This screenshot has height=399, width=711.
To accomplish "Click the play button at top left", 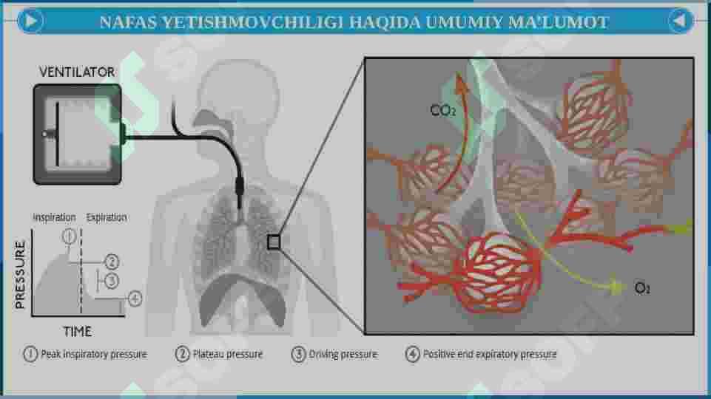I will (x=29, y=21).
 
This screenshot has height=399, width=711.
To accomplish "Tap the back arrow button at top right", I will (x=681, y=21).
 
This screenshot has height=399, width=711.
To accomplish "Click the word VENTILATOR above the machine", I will (x=76, y=72).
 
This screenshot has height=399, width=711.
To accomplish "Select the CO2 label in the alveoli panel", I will (x=443, y=111).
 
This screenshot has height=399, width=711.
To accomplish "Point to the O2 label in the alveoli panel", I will (x=643, y=288).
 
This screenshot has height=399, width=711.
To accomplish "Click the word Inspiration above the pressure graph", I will (x=54, y=217).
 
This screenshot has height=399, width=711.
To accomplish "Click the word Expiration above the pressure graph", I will (x=107, y=217).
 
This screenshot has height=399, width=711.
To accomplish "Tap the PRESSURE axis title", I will (x=21, y=273).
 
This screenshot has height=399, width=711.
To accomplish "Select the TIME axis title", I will (x=77, y=332).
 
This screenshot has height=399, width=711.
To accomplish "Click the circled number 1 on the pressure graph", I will (x=69, y=236).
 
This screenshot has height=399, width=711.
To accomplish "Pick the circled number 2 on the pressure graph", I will (x=112, y=262).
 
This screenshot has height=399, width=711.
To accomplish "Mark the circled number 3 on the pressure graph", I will (x=112, y=281).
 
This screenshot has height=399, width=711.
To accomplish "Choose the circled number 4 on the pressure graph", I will (x=135, y=299).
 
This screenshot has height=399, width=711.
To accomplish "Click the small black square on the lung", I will (x=274, y=242).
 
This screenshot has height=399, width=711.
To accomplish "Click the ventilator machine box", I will (x=78, y=133).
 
